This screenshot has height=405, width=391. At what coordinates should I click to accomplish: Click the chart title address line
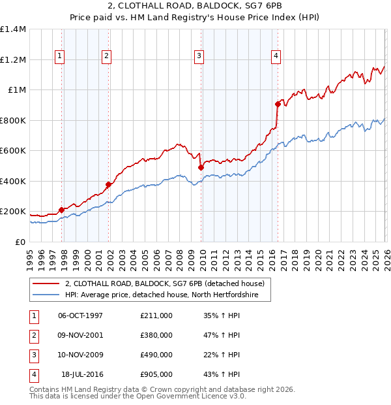point(195,6)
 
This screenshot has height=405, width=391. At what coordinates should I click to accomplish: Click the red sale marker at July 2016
point(278,104)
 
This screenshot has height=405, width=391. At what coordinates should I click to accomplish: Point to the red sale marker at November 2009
point(201,167)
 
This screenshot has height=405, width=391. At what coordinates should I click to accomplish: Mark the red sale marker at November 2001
point(109,184)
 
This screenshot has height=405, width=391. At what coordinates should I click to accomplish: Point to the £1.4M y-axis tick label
point(13,29)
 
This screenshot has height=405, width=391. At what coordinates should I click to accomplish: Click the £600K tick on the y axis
point(13,151)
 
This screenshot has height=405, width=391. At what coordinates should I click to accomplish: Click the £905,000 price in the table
point(156,374)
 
